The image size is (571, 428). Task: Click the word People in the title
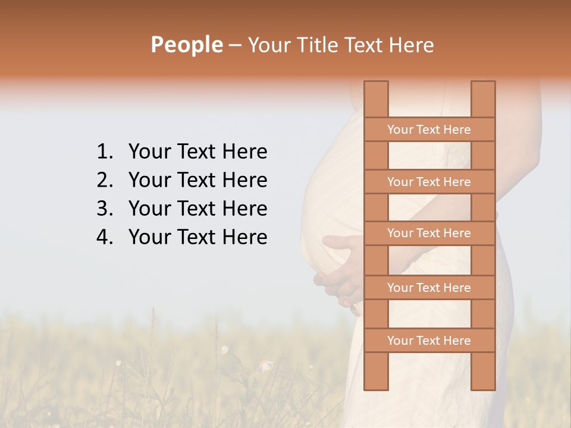[186, 45]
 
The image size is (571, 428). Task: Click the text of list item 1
[197, 152]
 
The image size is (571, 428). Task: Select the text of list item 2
[197, 180]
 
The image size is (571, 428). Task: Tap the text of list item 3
[197, 209]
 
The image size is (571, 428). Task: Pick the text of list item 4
[197, 237]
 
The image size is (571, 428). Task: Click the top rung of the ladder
[429, 130]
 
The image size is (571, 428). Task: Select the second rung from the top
[429, 182]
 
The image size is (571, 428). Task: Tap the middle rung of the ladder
[429, 234]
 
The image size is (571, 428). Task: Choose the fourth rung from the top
[429, 288]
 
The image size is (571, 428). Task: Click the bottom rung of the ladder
[429, 341]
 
